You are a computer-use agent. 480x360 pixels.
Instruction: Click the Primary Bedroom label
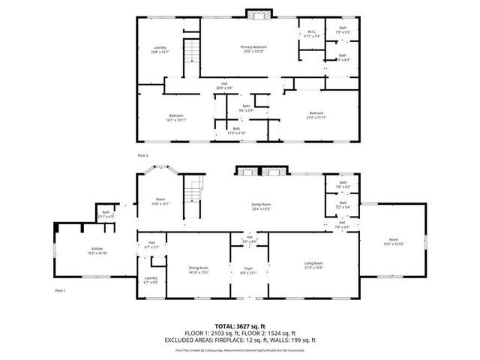click(253, 49)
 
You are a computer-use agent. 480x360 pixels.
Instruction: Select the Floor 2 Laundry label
click(159, 49)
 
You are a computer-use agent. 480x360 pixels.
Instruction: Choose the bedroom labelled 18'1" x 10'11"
click(176, 117)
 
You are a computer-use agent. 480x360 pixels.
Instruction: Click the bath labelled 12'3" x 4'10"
click(236, 130)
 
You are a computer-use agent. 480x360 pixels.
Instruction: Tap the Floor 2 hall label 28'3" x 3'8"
click(223, 85)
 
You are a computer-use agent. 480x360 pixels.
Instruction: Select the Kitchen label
click(97, 250)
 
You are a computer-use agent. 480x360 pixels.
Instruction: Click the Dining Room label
click(199, 269)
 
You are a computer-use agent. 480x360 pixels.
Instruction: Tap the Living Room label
click(313, 265)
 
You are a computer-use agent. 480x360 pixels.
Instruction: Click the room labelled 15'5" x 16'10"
click(394, 241)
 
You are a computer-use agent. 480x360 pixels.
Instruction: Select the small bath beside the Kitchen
click(106, 214)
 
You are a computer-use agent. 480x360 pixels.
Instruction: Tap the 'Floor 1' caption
click(60, 289)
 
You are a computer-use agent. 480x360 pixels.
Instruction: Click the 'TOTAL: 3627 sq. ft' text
click(240, 327)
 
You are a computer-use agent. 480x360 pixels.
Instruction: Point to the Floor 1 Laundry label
click(151, 280)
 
